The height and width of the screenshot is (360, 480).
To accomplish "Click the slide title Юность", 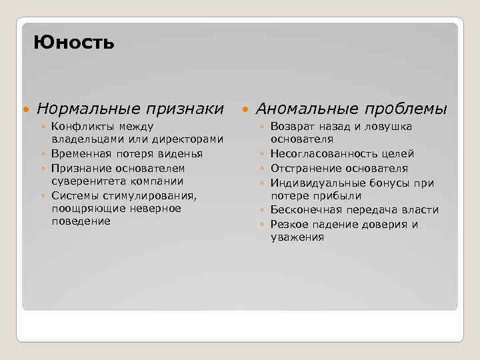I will pos(74,43).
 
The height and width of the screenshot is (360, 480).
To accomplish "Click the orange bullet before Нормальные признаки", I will pos(26,109).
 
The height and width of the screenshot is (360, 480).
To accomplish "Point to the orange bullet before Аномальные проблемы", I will pos(245,109).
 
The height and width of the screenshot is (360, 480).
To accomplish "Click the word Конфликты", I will pos(79,126).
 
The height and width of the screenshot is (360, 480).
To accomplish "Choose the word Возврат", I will pos(292,126).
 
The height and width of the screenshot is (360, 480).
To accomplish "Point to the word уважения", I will pos(297,237).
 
